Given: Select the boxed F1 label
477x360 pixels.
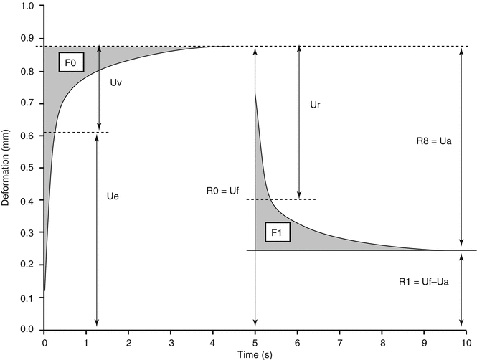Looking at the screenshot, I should pyautogui.click(x=276, y=233).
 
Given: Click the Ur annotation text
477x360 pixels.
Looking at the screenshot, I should pyautogui.click(x=314, y=105).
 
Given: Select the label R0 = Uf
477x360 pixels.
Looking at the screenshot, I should pyautogui.click(x=221, y=191).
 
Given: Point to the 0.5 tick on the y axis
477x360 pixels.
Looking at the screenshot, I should pyautogui.click(x=29, y=168).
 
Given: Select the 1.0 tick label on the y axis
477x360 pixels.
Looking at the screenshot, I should pyautogui.click(x=29, y=6).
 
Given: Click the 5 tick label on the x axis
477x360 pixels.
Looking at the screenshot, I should pyautogui.click(x=255, y=341).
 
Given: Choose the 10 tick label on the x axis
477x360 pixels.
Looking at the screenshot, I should pyautogui.click(x=466, y=341).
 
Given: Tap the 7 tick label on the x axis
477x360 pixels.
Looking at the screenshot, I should pyautogui.click(x=340, y=341).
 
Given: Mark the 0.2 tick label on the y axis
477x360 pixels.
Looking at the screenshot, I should pyautogui.click(x=29, y=265).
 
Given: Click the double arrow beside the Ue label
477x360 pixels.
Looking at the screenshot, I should pyautogui.click(x=97, y=229).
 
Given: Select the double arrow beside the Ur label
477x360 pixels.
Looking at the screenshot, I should pyautogui.click(x=298, y=122).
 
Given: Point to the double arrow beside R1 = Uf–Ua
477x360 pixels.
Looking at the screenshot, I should pyautogui.click(x=461, y=290).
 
